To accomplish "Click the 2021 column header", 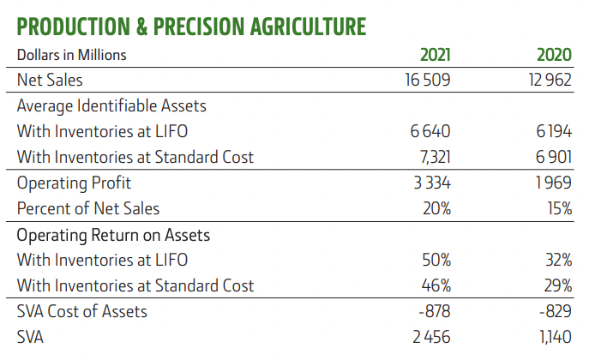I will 435,55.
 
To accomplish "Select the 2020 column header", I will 554,55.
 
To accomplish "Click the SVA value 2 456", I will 431,337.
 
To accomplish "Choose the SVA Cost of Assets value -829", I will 555,311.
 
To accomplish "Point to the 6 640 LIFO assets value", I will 431,131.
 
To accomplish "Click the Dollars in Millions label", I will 72,55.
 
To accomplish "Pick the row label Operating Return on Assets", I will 113,234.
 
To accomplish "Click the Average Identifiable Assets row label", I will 111,106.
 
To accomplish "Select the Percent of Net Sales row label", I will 88,208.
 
